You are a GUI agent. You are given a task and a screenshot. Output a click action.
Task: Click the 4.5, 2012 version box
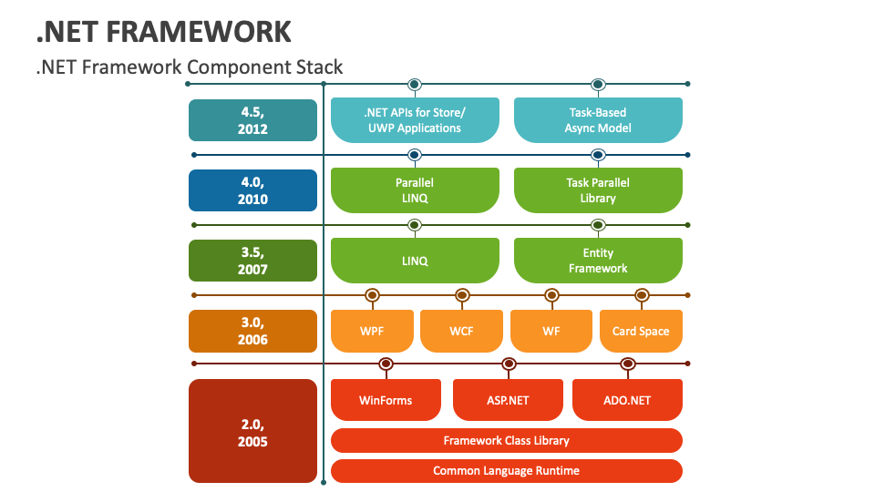coord(252,120)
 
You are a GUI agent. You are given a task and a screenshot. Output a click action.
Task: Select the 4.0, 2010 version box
coord(252,190)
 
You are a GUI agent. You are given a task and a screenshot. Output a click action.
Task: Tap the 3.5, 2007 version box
coord(252,261)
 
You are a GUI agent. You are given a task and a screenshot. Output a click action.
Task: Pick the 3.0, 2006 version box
coord(252,331)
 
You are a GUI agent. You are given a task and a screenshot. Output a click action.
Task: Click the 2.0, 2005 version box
coord(252,431)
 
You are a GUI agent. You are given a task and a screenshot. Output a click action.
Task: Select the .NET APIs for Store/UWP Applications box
coord(415,120)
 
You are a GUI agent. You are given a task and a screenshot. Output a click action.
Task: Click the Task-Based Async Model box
coord(598,120)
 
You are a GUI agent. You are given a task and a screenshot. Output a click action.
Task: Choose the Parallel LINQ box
coord(415,190)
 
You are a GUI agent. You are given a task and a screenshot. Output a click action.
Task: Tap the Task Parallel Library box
coord(598,190)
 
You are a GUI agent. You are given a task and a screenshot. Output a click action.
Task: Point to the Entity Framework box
coord(598,261)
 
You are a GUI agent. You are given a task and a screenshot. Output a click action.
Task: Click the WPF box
coord(371,331)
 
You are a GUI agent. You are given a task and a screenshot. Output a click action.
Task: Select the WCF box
coord(461,331)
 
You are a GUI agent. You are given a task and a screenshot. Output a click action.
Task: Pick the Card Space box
coord(641,331)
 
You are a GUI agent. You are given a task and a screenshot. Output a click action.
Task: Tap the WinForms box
coord(386,400)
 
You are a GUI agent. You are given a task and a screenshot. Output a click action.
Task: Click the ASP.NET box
coord(507,400)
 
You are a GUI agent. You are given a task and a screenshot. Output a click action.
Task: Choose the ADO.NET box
coord(627,400)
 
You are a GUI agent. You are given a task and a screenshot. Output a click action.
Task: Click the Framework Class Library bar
coord(506,441)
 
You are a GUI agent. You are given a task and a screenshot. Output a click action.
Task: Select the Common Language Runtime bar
coord(506,471)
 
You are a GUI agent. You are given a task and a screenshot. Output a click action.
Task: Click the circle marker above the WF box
coord(551,295)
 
